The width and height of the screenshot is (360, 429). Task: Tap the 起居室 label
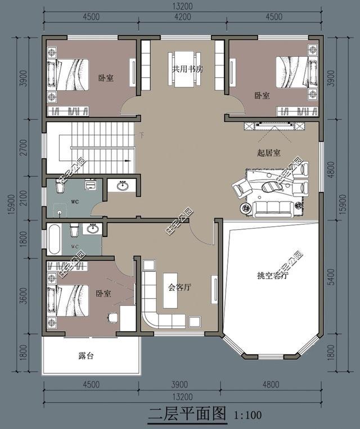pyautogui.click(x=269, y=153)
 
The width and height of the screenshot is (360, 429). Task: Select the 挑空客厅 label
pyautogui.click(x=272, y=276)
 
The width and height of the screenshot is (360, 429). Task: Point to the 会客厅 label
pyautogui.click(x=180, y=287)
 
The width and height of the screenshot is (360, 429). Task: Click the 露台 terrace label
pyautogui.click(x=85, y=356)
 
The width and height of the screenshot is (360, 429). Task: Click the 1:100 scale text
pyautogui.click(x=247, y=415)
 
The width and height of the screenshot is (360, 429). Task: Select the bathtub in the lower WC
pyautogui.click(x=55, y=240)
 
